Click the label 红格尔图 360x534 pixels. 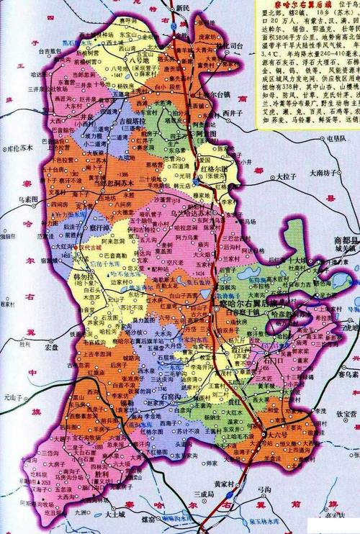point(216,171)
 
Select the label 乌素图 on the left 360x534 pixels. point(27,199)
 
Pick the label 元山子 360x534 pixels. point(14,397)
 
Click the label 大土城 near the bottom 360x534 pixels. point(117,515)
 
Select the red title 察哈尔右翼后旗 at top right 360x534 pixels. point(294,5)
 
